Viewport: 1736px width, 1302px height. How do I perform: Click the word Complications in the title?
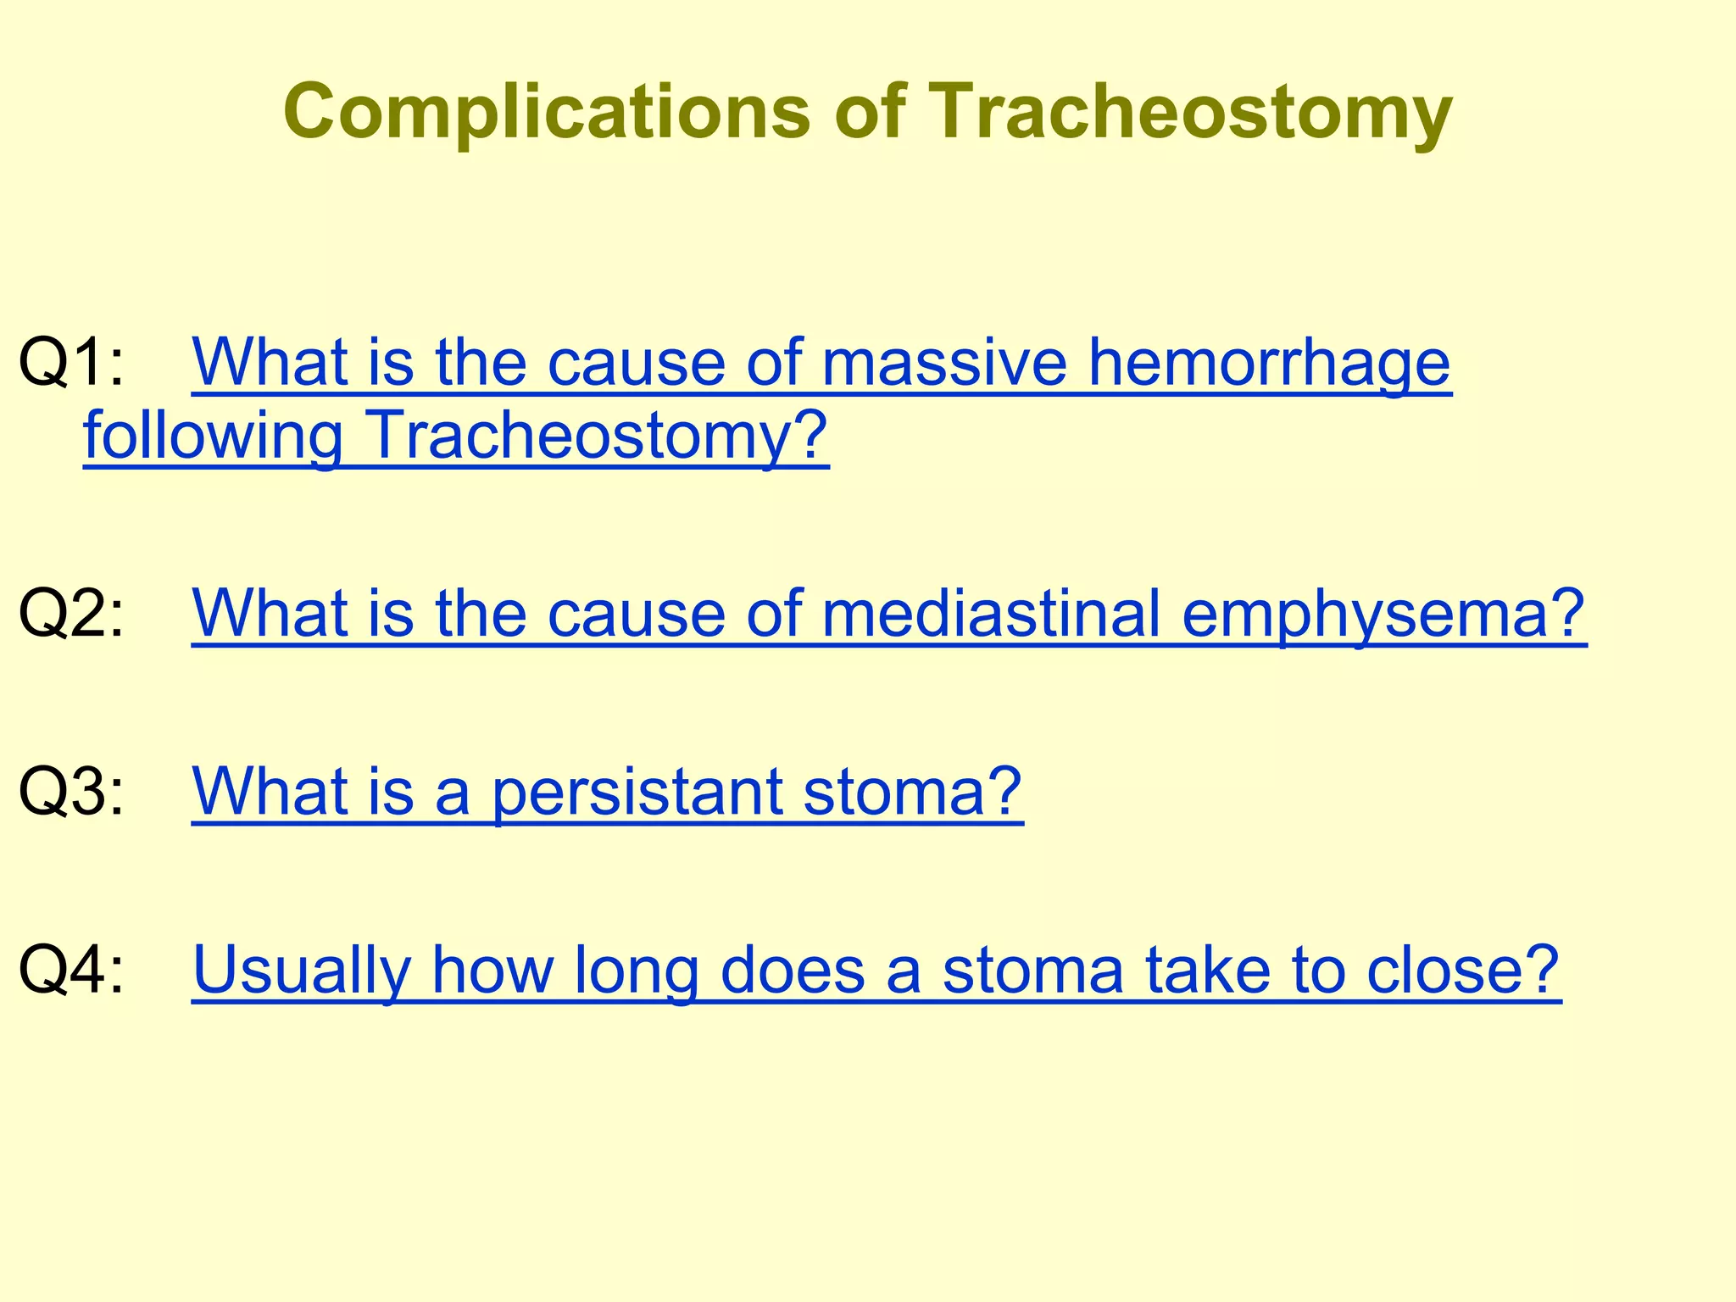click(547, 112)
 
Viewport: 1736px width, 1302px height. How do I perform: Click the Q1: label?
click(71, 362)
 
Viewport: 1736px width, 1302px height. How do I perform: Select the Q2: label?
click(71, 612)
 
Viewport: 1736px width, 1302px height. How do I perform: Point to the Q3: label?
click(71, 790)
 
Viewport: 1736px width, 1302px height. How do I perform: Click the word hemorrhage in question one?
click(1269, 362)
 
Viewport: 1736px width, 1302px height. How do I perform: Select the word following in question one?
click(213, 435)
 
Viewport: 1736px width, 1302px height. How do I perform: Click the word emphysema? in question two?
click(1383, 612)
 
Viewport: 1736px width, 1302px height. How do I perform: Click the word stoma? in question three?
click(912, 790)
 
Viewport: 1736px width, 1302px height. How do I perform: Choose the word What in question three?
click(270, 790)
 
